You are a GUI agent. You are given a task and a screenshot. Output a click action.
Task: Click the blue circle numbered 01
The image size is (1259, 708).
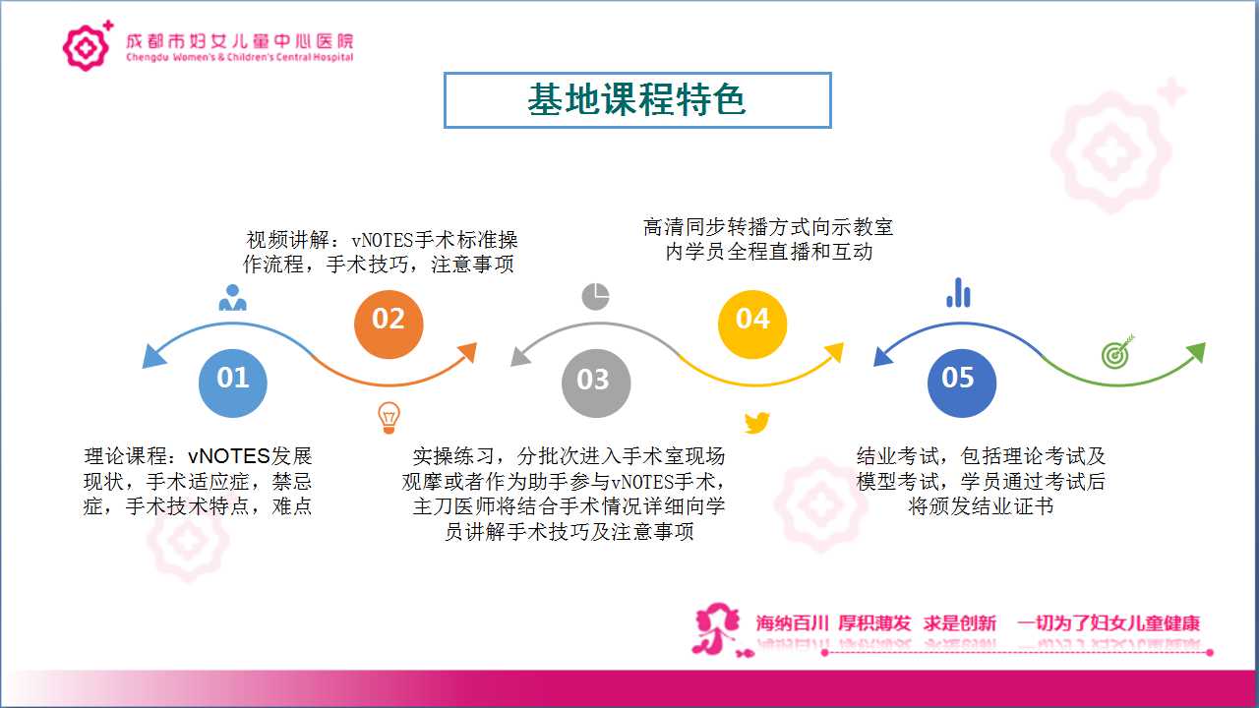(x=233, y=383)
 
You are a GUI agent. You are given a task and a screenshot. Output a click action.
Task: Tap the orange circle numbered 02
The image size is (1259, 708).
(x=389, y=324)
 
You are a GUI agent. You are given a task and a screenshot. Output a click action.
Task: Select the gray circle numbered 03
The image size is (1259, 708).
(x=596, y=383)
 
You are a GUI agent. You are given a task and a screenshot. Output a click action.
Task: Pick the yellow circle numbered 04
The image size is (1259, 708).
(x=752, y=324)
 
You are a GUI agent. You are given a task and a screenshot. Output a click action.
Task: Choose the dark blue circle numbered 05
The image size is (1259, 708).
(x=961, y=383)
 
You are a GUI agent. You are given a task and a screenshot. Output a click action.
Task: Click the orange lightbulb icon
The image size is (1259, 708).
(x=389, y=418)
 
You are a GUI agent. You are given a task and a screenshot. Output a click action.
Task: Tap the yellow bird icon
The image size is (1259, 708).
(x=756, y=423)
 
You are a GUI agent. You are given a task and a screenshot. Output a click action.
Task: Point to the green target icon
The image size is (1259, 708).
(x=1117, y=352)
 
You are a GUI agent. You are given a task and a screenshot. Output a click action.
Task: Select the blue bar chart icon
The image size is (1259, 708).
(x=958, y=293)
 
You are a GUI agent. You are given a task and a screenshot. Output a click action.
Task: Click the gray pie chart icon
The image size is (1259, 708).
(x=596, y=296)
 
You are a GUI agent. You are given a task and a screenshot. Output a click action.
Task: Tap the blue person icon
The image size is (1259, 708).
(x=233, y=298)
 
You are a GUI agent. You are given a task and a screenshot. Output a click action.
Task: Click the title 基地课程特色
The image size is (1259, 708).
(x=636, y=100)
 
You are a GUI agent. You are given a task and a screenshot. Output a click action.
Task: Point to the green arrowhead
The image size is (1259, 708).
(x=1196, y=352)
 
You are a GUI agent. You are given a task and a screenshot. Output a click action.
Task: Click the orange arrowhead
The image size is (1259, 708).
(x=467, y=352)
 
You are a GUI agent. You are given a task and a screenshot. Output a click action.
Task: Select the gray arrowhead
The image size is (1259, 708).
(x=520, y=356)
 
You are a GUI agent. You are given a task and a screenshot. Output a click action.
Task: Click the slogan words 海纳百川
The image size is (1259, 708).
(x=792, y=623)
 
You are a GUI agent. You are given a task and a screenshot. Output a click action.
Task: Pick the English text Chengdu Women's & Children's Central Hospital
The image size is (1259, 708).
(x=240, y=57)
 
